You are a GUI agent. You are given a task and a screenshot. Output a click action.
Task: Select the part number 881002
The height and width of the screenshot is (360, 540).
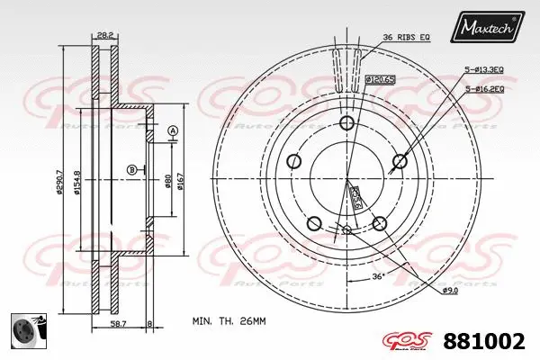486,341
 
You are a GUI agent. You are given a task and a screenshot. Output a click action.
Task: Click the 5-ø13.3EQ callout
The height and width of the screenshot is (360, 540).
484,70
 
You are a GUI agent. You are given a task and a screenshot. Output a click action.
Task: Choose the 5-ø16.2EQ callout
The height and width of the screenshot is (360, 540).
484,88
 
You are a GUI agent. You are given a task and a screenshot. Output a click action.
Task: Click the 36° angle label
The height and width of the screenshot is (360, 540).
379,276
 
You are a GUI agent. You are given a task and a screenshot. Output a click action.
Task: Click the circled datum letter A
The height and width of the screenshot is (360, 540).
172,133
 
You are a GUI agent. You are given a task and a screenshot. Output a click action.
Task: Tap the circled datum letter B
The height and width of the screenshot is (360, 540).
131,169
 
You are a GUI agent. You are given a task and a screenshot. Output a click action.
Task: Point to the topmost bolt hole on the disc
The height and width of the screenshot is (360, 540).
346,125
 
